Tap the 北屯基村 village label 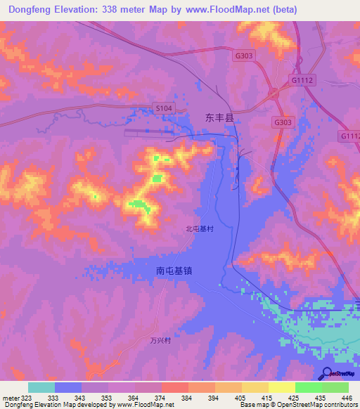coord(199,228)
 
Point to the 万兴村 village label coord(161,340)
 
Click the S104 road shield coord(163,108)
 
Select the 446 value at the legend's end coord(348,398)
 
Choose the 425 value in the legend coord(294,398)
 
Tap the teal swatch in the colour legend coord(41,387)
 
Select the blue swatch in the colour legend coord(68,387)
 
